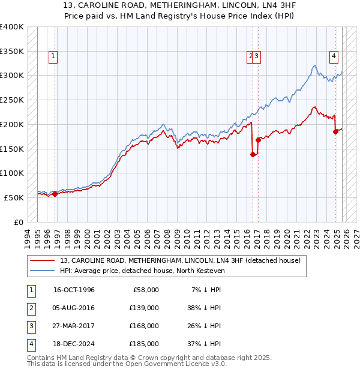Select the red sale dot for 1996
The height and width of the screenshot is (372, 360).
click(x=55, y=194)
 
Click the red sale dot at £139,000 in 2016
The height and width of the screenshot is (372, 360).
click(x=253, y=154)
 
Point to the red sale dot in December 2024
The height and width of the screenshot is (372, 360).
click(x=335, y=131)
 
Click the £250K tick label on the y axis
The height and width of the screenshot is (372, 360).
click(x=12, y=100)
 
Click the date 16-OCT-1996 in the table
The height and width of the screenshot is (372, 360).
click(x=74, y=290)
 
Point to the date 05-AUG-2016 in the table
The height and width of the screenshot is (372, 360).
click(x=74, y=308)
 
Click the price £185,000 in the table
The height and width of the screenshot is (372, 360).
click(x=144, y=344)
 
